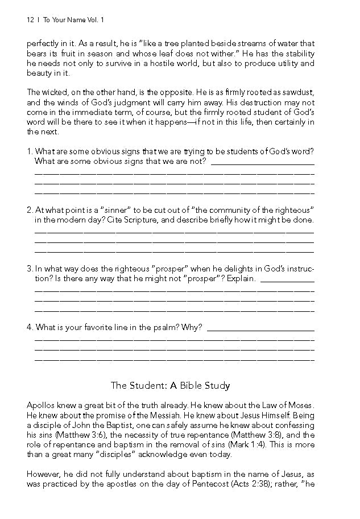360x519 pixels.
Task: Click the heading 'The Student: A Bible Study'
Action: click(x=170, y=386)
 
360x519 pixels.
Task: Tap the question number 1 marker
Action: click(x=29, y=151)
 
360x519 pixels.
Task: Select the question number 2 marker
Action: click(x=29, y=210)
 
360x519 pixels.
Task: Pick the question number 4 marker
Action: click(x=29, y=327)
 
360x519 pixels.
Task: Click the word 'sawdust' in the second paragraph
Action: click(x=297, y=92)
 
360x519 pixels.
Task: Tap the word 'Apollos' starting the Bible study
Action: click(x=40, y=405)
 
